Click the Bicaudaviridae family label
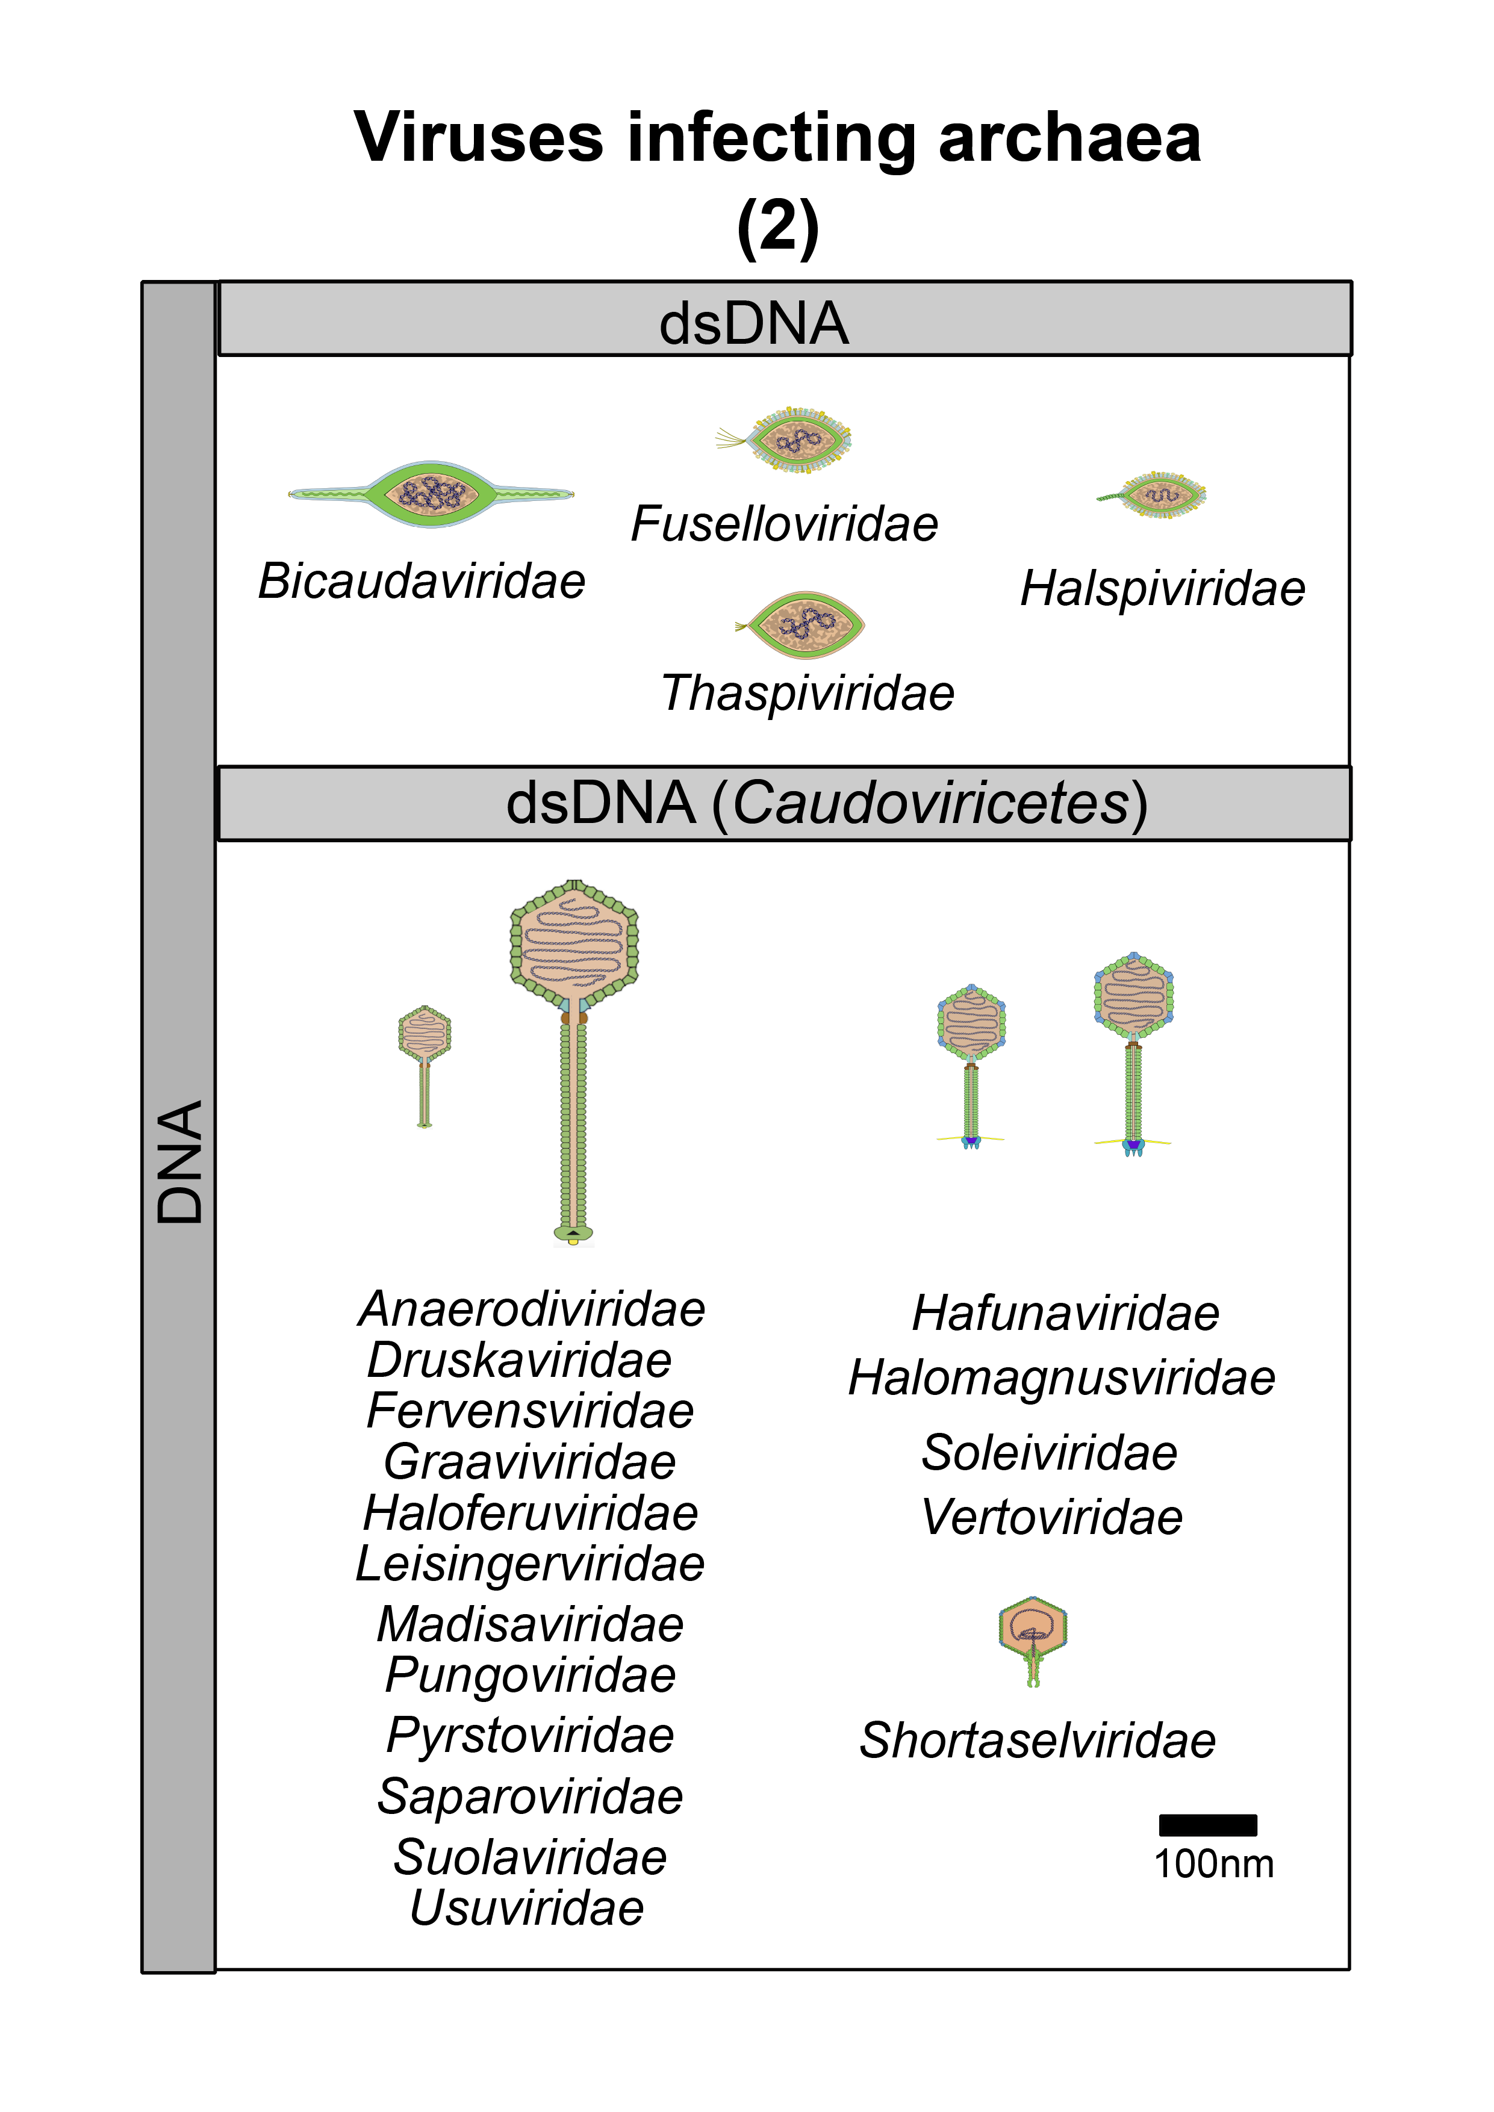[422, 582]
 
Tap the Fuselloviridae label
[784, 524]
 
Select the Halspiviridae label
[1163, 589]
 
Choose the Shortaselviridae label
[1038, 1741]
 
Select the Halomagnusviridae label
[1062, 1378]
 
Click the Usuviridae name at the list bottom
[527, 1908]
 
